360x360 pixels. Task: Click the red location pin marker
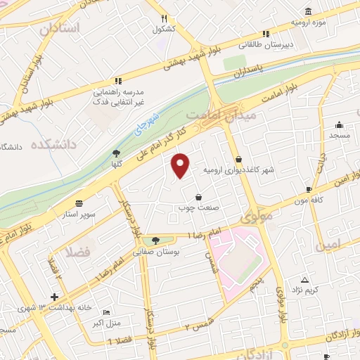(181, 164)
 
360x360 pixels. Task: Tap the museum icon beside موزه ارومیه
(309, 11)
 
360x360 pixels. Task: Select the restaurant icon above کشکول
(164, 18)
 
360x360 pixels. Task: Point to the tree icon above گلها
(116, 153)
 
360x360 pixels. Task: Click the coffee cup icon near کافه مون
(309, 189)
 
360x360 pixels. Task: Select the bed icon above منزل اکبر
(105, 313)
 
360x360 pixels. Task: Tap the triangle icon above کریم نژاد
(304, 279)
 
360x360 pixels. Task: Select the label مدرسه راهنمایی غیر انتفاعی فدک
(119, 98)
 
